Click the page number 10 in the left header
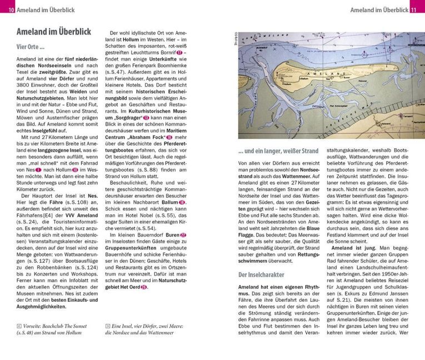pos(12,9)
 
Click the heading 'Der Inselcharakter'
pos(261,274)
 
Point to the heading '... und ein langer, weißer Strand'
pos(278,150)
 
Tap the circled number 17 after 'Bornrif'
pos(179,53)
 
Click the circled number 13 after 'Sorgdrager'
pos(147,118)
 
